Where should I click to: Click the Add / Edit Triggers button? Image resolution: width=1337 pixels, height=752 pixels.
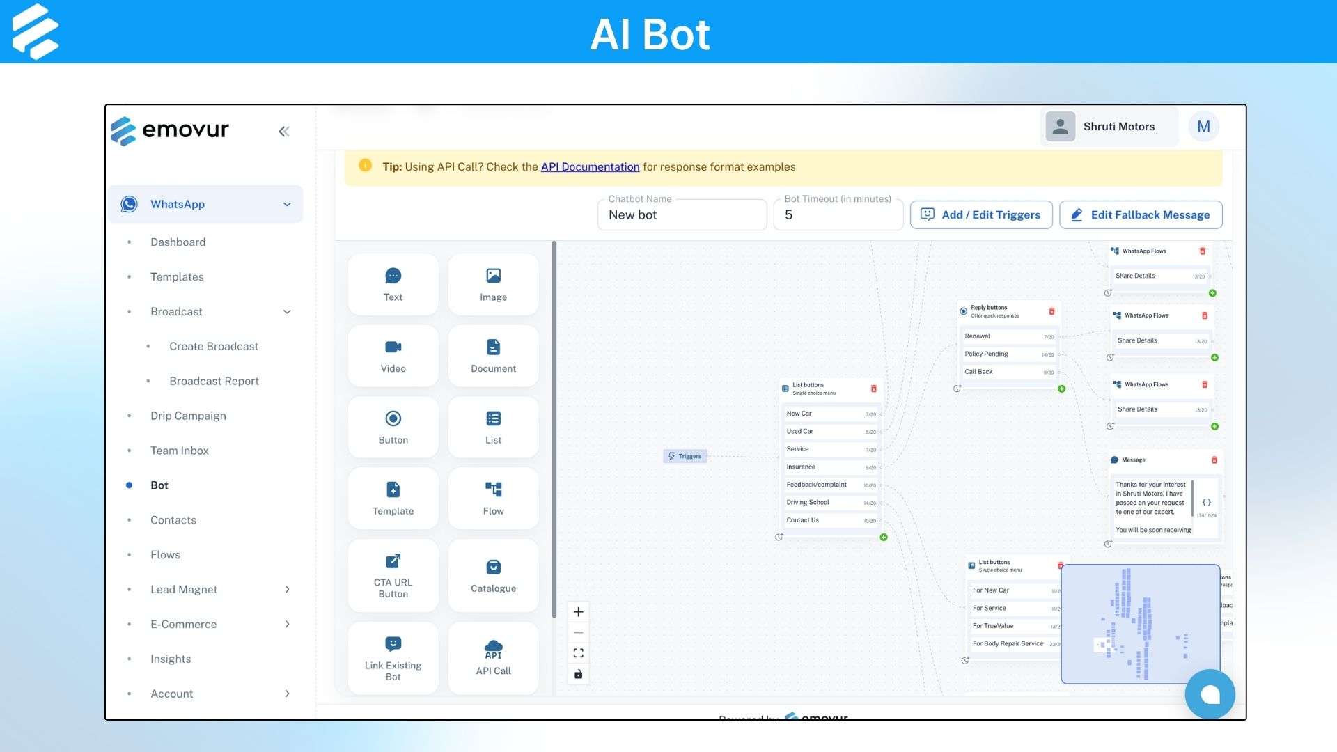coord(980,214)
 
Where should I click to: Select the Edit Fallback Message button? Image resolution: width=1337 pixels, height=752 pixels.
coord(1140,214)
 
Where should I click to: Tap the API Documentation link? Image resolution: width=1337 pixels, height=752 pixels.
coord(590,166)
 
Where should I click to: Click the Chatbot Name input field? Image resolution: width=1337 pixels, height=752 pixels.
coord(682,214)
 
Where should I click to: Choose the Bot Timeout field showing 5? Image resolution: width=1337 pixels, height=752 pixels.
coord(838,214)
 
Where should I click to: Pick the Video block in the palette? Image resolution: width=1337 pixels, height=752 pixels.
coord(393,356)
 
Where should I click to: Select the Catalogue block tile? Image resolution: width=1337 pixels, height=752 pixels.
coord(493,575)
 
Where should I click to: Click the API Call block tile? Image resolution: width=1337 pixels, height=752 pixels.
coord(493,658)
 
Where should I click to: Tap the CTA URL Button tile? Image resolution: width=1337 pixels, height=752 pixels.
coord(393,575)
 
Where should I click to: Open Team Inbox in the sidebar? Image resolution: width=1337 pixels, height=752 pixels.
coord(180,451)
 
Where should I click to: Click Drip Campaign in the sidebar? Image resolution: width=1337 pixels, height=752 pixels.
coord(188,416)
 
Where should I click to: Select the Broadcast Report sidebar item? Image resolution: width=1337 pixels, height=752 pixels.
coord(214,381)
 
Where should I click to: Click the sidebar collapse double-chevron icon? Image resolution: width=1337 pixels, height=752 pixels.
coord(284,132)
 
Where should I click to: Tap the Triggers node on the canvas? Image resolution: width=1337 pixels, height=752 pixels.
coord(685,456)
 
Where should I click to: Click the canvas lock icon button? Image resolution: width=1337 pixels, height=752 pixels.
coord(578,674)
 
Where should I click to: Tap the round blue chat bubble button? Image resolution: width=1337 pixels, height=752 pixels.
coord(1210,694)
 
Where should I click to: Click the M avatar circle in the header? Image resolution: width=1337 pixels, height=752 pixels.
coord(1203,127)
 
